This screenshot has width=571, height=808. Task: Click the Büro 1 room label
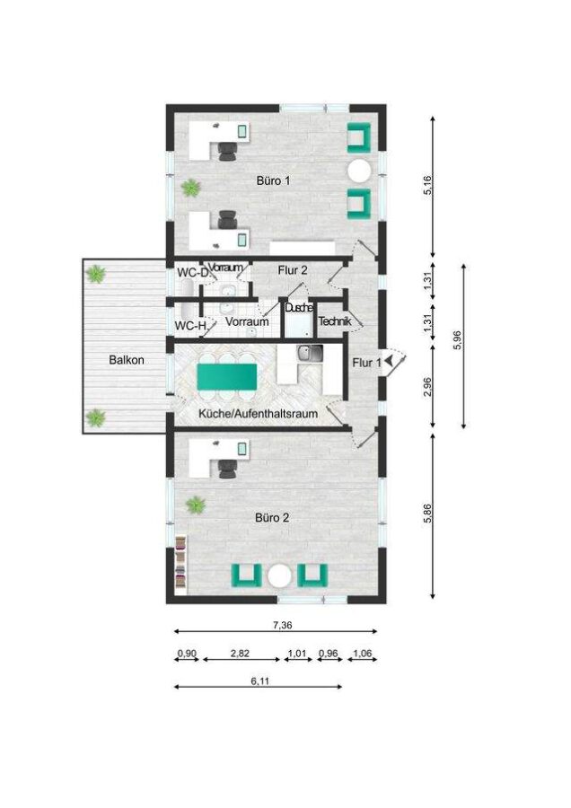click(274, 180)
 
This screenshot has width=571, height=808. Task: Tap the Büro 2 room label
click(272, 518)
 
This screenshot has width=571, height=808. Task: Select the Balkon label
click(127, 360)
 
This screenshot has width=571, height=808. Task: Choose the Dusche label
click(298, 308)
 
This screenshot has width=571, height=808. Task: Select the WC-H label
click(189, 325)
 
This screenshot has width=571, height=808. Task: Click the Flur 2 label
click(292, 270)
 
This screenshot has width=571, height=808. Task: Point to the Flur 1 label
click(365, 363)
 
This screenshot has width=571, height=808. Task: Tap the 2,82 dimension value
click(240, 654)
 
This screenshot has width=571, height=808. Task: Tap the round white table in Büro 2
click(281, 574)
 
